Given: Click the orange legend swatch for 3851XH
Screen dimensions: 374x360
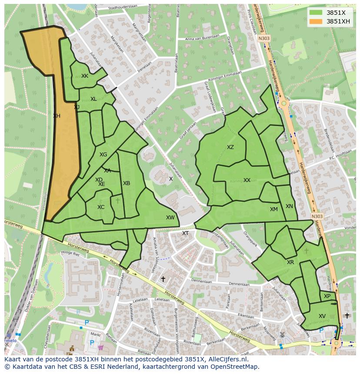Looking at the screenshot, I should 316,21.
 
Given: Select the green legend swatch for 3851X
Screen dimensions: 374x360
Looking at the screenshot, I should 316,13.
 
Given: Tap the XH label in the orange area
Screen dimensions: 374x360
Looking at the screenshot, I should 57,116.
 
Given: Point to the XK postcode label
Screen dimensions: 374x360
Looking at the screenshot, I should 85,76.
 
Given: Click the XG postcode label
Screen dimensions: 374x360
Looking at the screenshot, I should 103,155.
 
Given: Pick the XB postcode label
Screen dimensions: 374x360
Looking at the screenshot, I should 127,183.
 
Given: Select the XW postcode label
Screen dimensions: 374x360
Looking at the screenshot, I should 170,218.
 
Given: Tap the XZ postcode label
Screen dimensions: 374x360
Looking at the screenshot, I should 230,147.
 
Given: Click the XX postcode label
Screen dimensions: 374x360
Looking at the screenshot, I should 247,180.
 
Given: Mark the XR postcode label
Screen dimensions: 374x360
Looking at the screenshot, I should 290,262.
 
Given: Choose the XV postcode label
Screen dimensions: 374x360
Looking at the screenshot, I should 322,316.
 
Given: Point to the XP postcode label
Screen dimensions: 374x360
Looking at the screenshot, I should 327,296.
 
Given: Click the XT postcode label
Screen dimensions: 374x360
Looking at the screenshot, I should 185,233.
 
